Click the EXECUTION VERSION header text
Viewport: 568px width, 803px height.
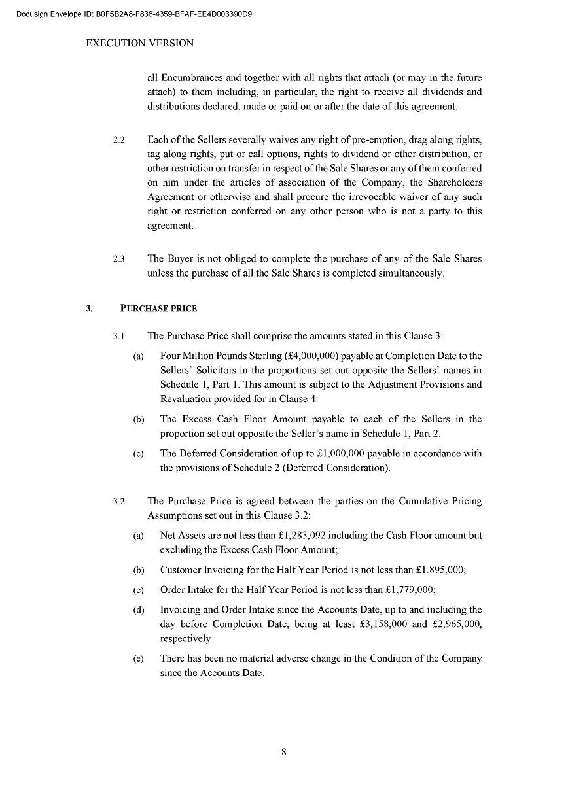tap(140, 43)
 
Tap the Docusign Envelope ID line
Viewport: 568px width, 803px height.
tap(134, 13)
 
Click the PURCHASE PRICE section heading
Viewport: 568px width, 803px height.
tap(159, 308)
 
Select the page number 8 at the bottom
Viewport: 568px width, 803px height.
tap(284, 751)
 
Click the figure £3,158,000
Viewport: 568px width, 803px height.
tap(384, 624)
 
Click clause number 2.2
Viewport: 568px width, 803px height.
tap(118, 140)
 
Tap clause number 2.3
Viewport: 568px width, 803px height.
tap(118, 259)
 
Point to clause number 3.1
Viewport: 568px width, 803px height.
tap(118, 336)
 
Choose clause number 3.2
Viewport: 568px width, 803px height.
tap(118, 502)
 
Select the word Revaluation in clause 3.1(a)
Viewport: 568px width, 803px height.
tap(185, 399)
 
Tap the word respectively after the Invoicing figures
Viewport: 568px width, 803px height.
tap(186, 638)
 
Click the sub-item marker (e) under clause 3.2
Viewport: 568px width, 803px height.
tap(139, 658)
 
